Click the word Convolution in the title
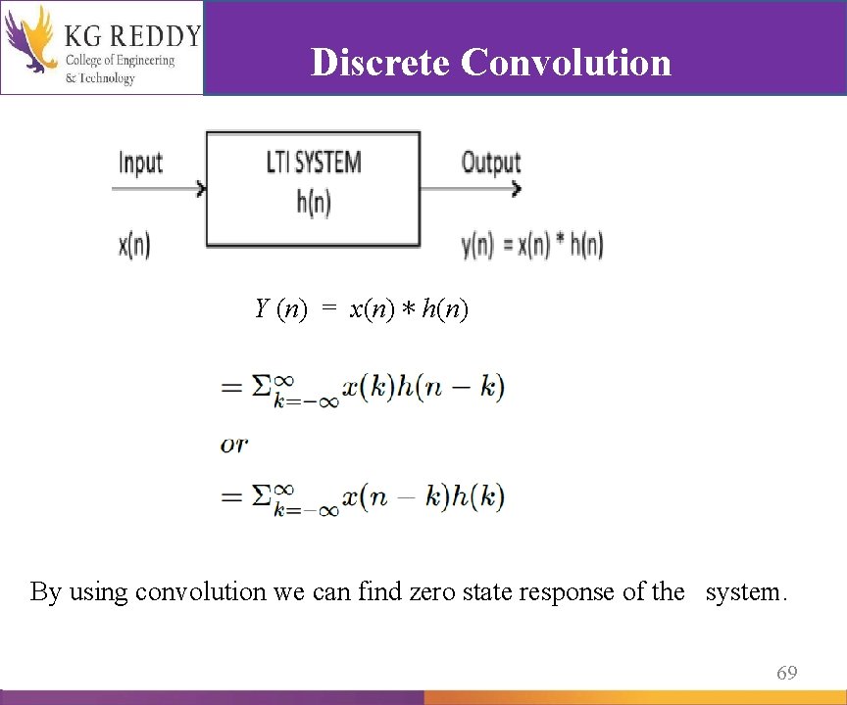click(x=566, y=62)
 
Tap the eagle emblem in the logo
click(x=29, y=43)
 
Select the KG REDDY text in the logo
click(x=131, y=37)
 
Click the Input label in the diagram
click(x=140, y=163)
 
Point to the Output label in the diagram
click(x=491, y=162)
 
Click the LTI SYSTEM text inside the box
click(x=314, y=163)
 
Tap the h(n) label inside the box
click(x=314, y=202)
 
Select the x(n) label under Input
click(x=134, y=244)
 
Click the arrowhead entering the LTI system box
click(x=201, y=189)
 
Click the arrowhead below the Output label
click(x=516, y=189)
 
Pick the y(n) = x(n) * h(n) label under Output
click(x=532, y=245)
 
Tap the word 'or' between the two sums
click(x=234, y=444)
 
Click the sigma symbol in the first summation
click(x=262, y=387)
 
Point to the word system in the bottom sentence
click(x=745, y=591)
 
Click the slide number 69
click(x=786, y=673)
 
